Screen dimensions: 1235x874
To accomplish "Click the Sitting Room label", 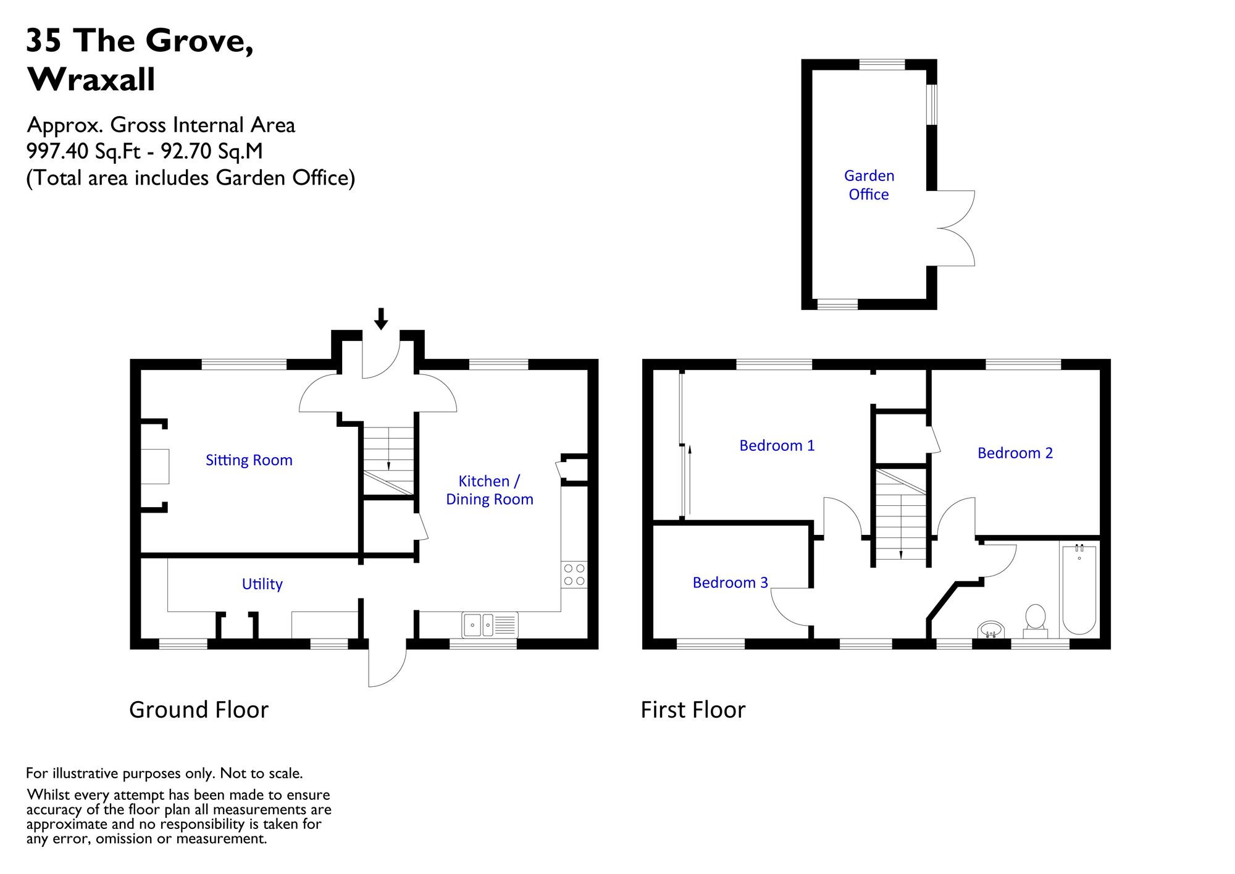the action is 249,460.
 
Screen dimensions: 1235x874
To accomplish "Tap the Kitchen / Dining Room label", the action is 490,490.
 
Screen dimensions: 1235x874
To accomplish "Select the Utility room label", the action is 262,584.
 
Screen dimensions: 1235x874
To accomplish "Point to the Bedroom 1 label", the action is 777,445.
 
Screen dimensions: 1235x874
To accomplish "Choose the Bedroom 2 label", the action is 1015,453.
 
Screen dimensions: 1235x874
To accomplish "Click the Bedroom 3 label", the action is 731,582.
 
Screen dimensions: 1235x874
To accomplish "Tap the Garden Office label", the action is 869,185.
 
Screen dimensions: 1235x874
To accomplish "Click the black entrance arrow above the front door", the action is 381,319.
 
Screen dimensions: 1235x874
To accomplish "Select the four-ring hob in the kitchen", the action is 574,574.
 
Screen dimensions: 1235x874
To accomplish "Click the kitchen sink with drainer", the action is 490,624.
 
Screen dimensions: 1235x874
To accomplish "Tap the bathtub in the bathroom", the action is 1079,589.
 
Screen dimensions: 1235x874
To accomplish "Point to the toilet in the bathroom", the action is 1036,621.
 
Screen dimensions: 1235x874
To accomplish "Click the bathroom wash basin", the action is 991,629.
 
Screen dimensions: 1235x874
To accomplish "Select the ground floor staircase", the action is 388,460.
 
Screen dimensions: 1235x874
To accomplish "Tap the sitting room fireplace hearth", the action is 155,466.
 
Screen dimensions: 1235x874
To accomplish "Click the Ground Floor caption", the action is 199,710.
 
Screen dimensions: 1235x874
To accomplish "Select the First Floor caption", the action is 693,710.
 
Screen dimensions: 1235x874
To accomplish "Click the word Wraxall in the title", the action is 91,80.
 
